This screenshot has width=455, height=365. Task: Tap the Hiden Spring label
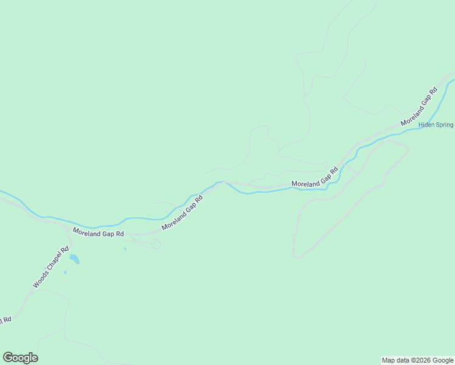(x=436, y=125)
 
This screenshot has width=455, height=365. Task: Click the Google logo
(x=20, y=358)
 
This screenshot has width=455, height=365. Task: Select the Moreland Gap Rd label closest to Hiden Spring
(x=419, y=107)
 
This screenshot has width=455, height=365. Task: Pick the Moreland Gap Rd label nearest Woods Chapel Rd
(x=98, y=232)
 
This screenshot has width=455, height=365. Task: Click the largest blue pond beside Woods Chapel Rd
(x=74, y=260)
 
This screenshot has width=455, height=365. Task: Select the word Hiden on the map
(x=426, y=125)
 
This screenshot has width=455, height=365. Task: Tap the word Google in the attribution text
(x=441, y=360)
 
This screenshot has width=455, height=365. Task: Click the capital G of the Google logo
(x=8, y=358)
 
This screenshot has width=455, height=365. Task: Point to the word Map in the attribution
(x=388, y=360)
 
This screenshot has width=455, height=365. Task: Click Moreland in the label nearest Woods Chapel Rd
(x=88, y=231)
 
